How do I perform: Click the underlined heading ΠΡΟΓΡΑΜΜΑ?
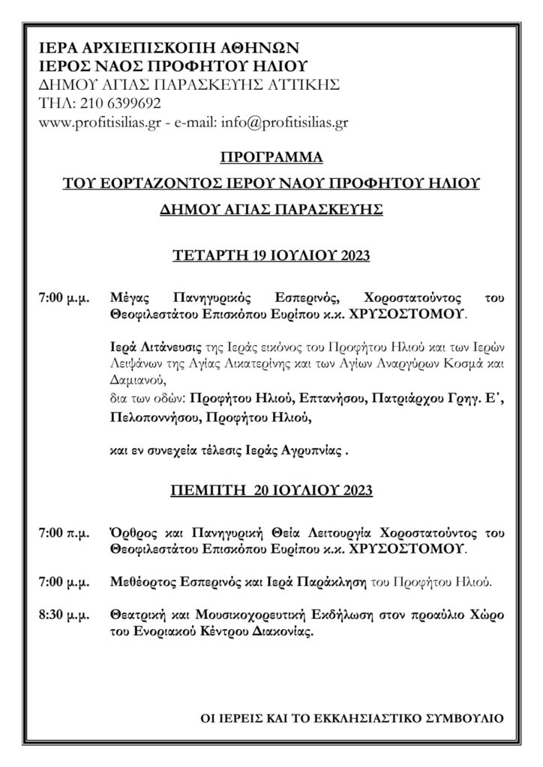(271, 159)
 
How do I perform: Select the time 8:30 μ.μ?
(64, 615)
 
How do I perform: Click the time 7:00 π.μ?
(64, 534)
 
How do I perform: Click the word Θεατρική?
(136, 615)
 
